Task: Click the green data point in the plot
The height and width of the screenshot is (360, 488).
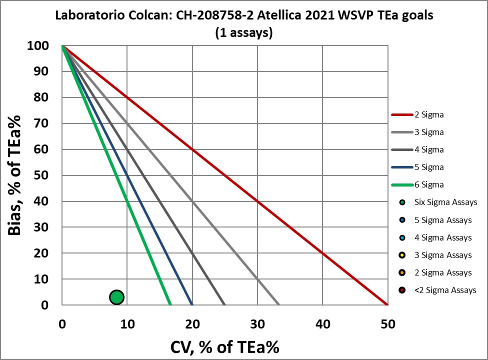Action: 116,297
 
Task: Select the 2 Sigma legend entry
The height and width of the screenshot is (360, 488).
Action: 429,114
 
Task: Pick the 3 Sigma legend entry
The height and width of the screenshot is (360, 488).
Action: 429,132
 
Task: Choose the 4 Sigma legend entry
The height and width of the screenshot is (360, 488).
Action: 429,149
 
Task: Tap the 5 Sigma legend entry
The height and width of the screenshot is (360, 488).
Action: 429,167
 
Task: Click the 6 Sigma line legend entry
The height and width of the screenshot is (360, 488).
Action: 429,184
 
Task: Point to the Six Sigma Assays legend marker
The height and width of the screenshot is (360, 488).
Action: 402,202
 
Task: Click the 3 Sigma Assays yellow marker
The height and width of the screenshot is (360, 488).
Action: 402,255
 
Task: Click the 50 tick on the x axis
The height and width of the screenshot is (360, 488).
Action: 387,324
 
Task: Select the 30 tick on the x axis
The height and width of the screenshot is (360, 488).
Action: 257,324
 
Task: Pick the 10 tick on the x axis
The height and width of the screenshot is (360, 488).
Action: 127,324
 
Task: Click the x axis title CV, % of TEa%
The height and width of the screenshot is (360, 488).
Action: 224,346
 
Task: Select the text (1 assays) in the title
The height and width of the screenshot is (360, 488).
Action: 244,32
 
